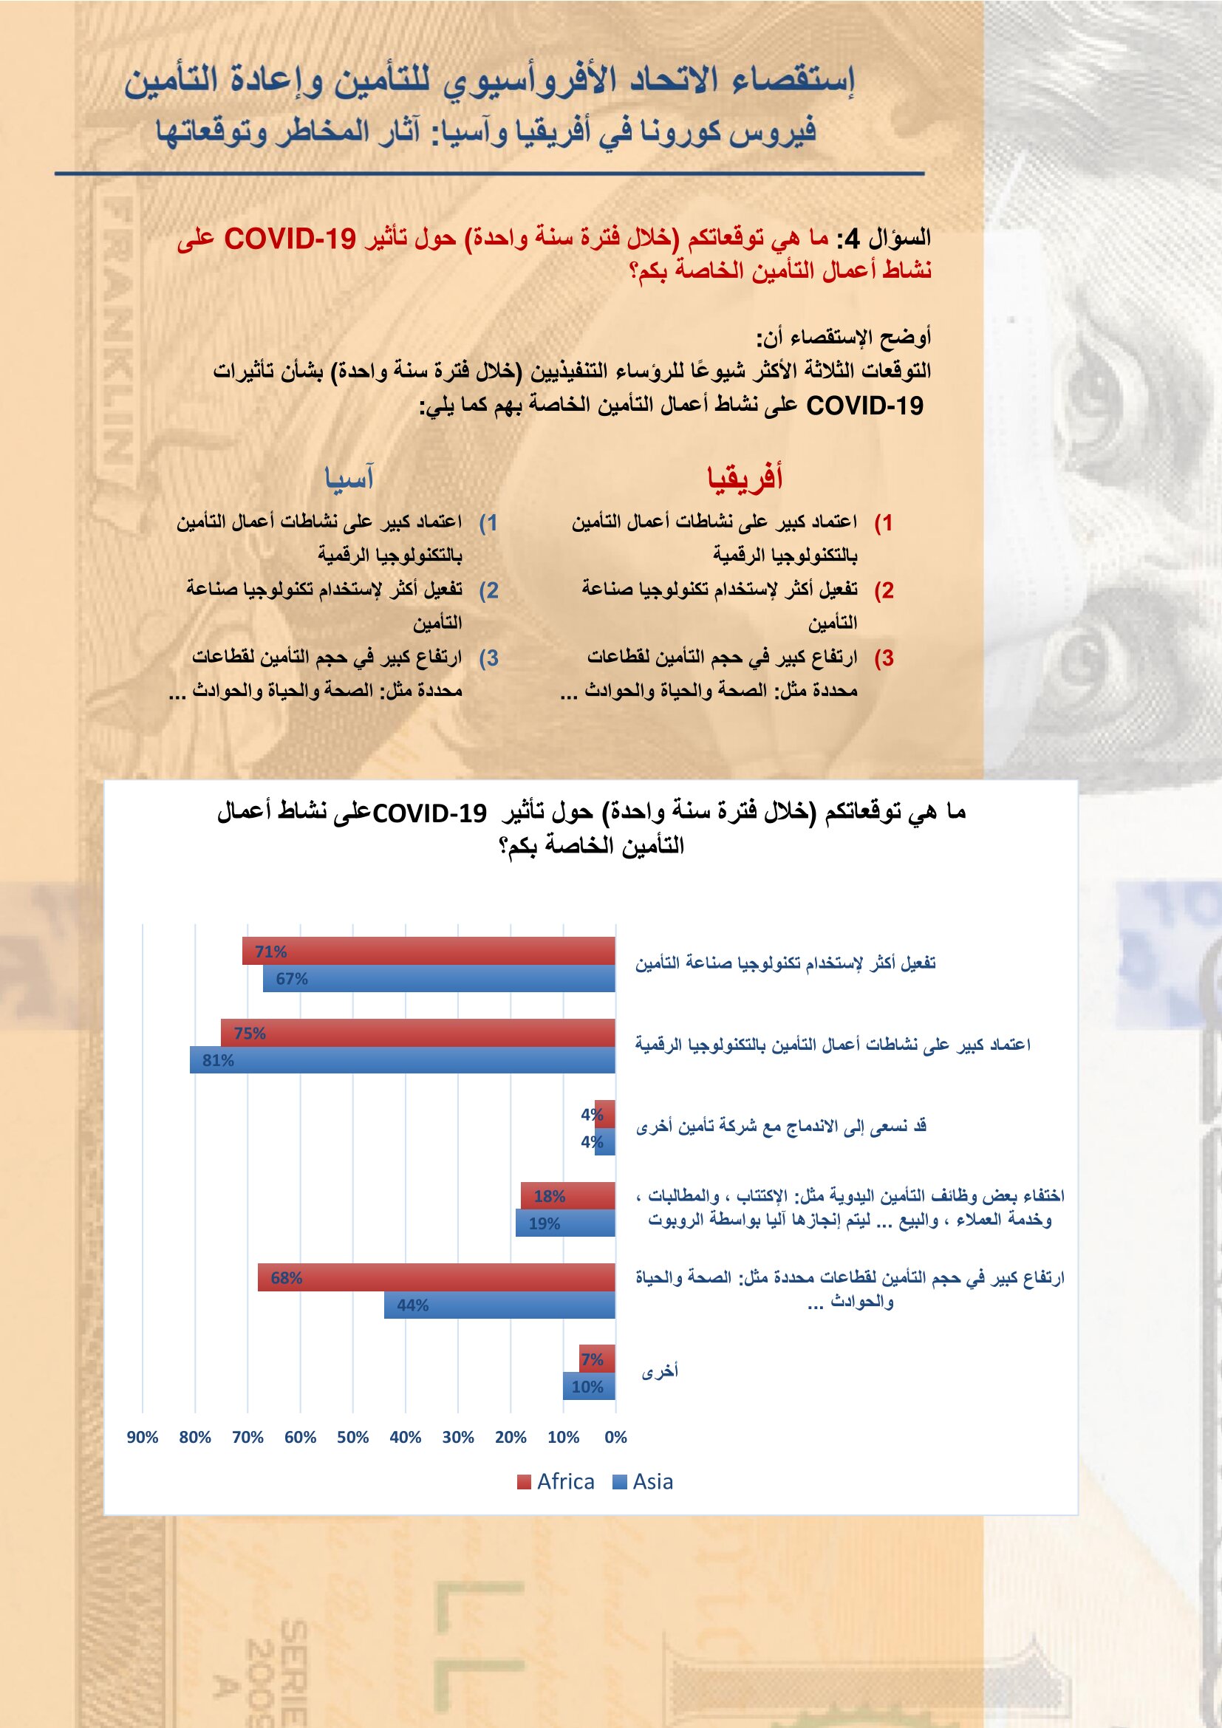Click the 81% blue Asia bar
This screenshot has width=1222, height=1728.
pyautogui.click(x=403, y=1060)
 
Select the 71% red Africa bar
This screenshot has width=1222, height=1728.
pyautogui.click(x=429, y=952)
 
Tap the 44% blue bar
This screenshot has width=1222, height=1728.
pyautogui.click(x=499, y=1305)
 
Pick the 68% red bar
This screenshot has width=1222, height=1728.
pyautogui.click(x=437, y=1278)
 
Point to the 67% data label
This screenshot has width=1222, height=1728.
pyautogui.click(x=292, y=979)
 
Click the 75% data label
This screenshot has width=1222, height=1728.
pyautogui.click(x=250, y=1034)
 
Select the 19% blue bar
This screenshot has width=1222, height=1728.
pyautogui.click(x=565, y=1223)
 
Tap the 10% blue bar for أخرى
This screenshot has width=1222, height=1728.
pyautogui.click(x=588, y=1387)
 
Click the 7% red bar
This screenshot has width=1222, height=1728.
pyautogui.click(x=597, y=1359)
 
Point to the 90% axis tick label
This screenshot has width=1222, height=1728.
pyautogui.click(x=142, y=1438)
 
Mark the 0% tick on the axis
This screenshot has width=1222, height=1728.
pyautogui.click(x=615, y=1438)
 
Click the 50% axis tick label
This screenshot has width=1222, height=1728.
pyautogui.click(x=353, y=1438)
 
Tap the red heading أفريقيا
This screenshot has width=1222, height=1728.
pyautogui.click(x=745, y=478)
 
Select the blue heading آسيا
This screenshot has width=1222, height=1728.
pyautogui.click(x=349, y=478)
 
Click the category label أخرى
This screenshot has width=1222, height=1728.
pyautogui.click(x=660, y=1372)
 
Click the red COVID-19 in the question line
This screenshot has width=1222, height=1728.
pyautogui.click(x=290, y=239)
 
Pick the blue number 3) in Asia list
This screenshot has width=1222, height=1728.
pyautogui.click(x=489, y=658)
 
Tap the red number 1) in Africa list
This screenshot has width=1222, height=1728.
pyautogui.click(x=884, y=522)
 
